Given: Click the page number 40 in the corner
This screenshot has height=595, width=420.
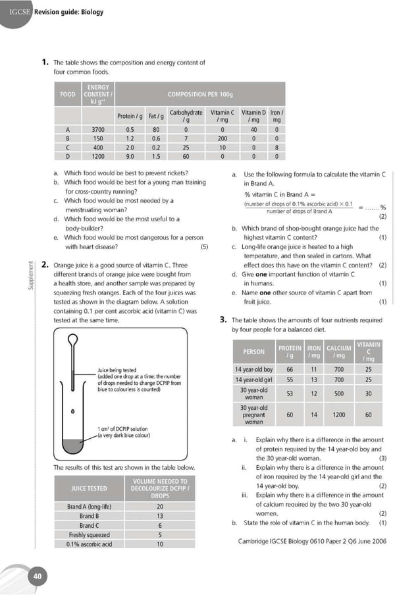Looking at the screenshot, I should [x=38, y=577].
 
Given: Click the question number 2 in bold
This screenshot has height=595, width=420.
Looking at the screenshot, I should [x=45, y=265].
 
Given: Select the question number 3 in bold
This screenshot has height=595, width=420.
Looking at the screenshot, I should [x=223, y=320].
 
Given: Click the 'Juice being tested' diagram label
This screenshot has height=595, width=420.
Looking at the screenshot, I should [x=117, y=370].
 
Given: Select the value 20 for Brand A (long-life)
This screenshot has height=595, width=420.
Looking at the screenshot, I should [x=159, y=507].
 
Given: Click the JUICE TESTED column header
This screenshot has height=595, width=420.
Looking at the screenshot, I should [x=90, y=489].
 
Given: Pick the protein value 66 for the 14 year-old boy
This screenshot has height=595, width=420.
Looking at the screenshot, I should [x=290, y=370].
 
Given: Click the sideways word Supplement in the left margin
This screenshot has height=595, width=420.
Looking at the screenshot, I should [x=28, y=277].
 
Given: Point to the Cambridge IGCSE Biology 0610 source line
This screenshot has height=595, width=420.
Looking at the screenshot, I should [x=311, y=541].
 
